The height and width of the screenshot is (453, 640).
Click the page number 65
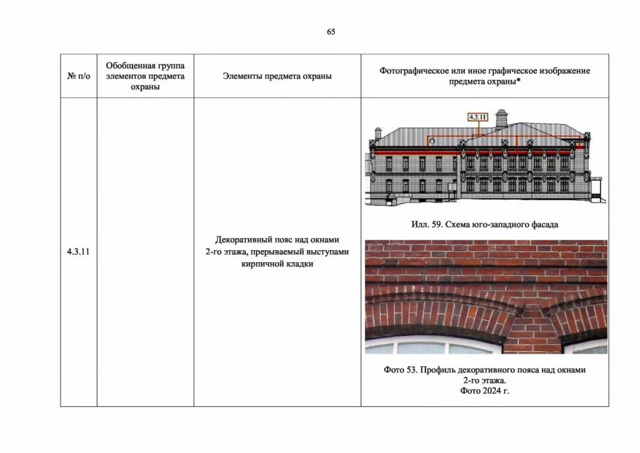point(331,32)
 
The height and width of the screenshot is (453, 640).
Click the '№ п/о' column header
point(78,76)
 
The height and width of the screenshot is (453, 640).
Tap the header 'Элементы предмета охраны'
point(277,76)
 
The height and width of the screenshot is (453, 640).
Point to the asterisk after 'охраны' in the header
point(518,81)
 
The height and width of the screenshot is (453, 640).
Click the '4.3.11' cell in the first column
point(78,252)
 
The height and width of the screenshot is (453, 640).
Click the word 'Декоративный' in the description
point(244,240)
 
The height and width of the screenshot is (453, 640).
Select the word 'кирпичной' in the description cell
point(259,264)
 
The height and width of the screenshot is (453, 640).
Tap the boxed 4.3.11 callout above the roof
point(478,117)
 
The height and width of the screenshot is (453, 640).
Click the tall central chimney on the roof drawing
point(502,118)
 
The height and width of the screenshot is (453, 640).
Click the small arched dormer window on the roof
point(432,140)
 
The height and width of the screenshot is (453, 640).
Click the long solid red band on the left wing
point(417,153)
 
